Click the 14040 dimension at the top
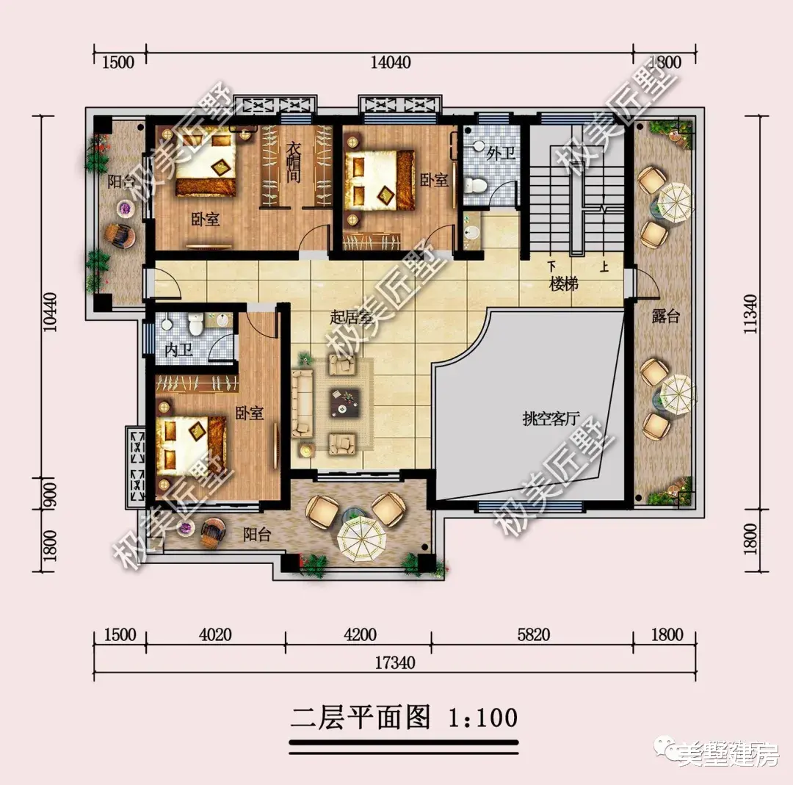[390, 62]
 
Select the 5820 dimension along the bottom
[533, 634]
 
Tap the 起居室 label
[350, 317]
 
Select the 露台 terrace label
[665, 317]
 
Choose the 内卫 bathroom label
[178, 349]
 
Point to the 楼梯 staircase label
[564, 283]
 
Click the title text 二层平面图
[361, 717]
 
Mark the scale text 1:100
[482, 717]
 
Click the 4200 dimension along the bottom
[359, 634]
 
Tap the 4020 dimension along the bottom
[216, 634]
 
